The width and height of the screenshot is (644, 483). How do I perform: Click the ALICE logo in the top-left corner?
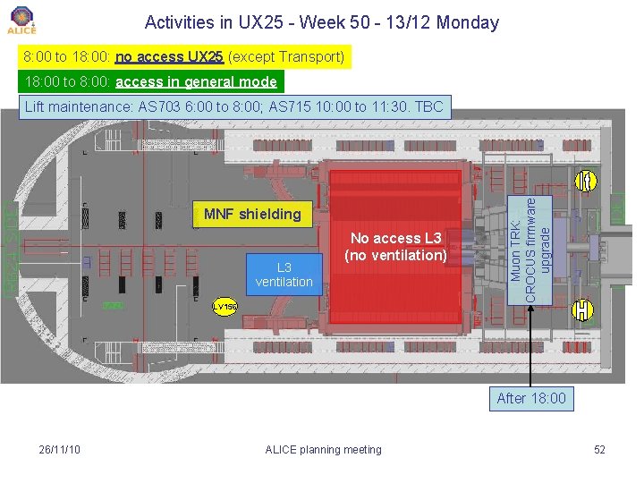21,20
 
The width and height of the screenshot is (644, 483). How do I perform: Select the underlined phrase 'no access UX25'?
169,57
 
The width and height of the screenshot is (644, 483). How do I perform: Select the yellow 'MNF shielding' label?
252,214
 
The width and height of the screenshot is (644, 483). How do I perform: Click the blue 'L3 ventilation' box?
284,275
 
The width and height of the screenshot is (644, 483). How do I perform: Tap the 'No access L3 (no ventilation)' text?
397,246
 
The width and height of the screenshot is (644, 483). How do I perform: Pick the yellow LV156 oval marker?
225,307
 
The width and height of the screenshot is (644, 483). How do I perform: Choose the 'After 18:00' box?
531,398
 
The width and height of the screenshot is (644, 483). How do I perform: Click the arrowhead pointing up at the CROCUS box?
531,309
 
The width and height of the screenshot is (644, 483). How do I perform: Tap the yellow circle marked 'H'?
583,310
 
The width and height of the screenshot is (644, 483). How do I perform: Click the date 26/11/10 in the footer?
60,449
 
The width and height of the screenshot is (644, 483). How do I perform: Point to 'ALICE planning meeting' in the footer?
323,449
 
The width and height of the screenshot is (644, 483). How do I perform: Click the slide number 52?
599,449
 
